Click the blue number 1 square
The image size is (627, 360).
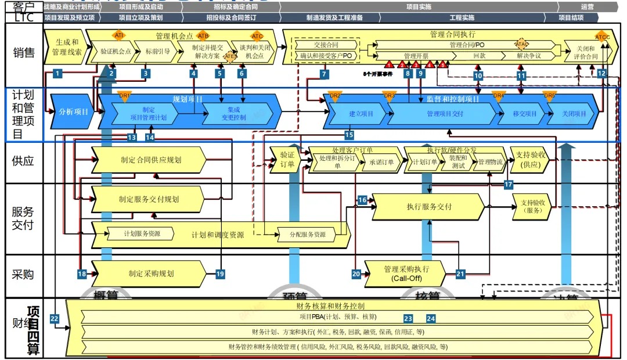point(57,73)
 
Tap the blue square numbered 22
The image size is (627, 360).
point(55,318)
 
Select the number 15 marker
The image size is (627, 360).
point(349,135)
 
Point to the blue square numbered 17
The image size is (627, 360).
point(509,185)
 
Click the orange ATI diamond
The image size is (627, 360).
point(119,35)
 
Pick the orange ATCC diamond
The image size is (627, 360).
point(602,37)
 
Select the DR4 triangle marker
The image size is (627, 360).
point(498,96)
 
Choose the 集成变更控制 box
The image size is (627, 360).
point(238,113)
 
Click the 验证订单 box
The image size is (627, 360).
point(287,160)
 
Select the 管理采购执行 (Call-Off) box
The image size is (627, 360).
point(406,273)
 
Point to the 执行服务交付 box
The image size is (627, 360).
point(428,207)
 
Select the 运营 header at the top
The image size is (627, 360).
point(587,8)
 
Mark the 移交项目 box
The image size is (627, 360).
point(525,114)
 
